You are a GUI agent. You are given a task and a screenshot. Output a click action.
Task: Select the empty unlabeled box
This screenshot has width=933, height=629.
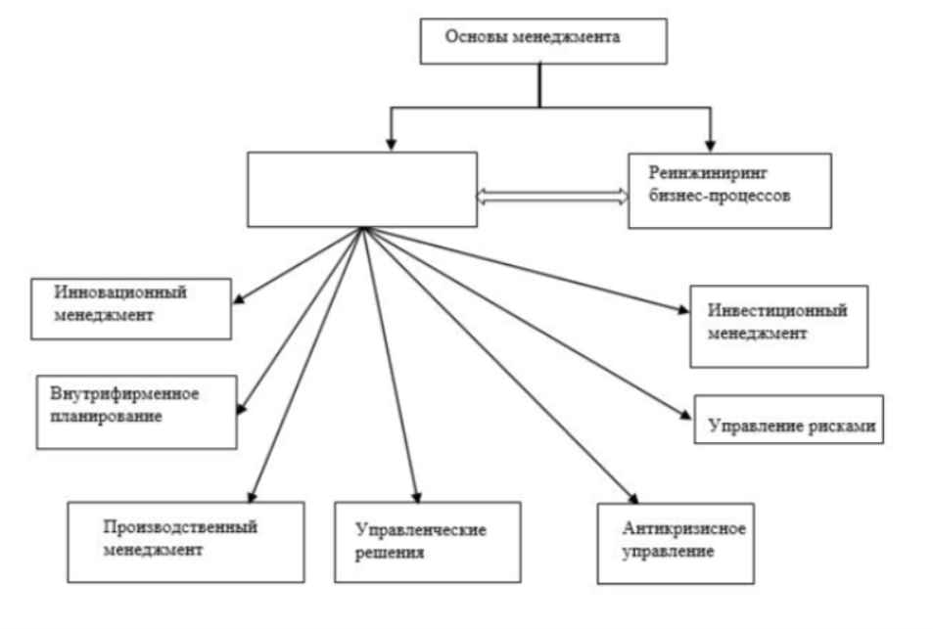[x=361, y=189]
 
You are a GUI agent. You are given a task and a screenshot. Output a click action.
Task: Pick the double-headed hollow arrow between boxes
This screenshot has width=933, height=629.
[x=552, y=197]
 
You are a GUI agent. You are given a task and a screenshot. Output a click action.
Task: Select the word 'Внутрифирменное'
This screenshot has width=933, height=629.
[x=124, y=394]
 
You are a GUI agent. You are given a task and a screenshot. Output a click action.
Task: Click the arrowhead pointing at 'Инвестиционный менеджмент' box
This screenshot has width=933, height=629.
[x=681, y=311]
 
